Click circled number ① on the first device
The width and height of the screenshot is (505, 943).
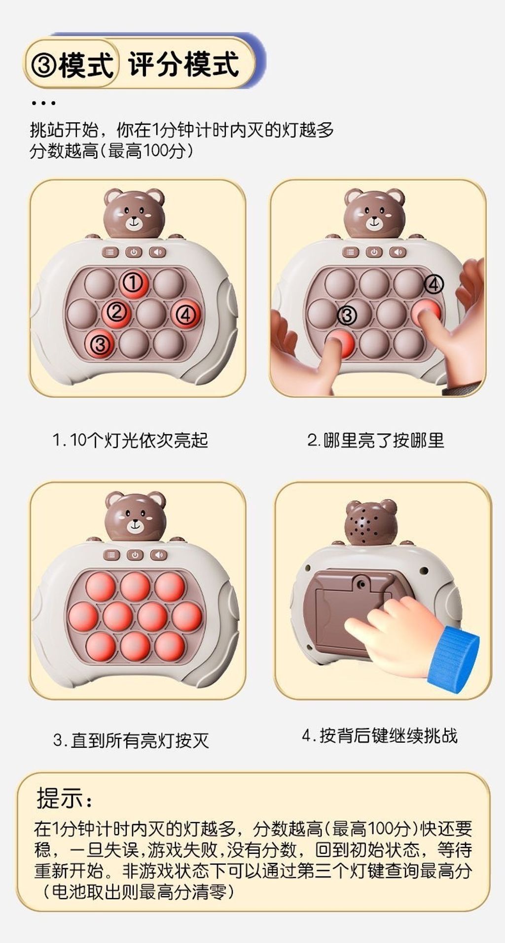pyautogui.click(x=133, y=283)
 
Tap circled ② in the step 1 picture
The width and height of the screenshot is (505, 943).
pyautogui.click(x=116, y=311)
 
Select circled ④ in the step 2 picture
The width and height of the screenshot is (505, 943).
pyautogui.click(x=434, y=284)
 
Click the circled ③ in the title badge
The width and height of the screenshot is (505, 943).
pyautogui.click(x=43, y=65)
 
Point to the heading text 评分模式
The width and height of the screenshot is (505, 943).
pyautogui.click(x=184, y=64)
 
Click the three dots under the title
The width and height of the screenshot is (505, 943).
pyautogui.click(x=43, y=103)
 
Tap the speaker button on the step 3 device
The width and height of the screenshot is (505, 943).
pyautogui.click(x=158, y=555)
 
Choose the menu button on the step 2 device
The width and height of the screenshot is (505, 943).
pyautogui.click(x=350, y=252)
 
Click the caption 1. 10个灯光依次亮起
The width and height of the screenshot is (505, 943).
pyautogui.click(x=130, y=440)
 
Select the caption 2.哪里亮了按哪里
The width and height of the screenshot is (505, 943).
pyautogui.click(x=376, y=440)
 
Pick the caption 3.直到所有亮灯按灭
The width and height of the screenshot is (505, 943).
pyautogui.click(x=131, y=740)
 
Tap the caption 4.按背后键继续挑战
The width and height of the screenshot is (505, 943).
pyautogui.click(x=380, y=735)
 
